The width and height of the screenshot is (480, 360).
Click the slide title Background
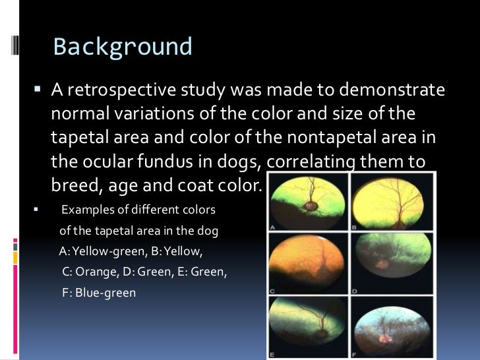coord(123,47)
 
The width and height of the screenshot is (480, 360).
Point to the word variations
coord(160,113)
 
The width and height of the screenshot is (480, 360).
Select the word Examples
coord(85,210)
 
